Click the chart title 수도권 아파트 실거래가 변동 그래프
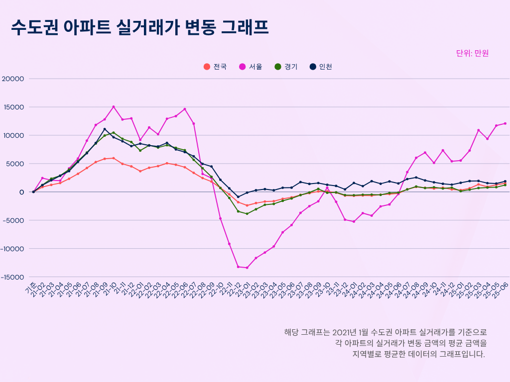point(140,28)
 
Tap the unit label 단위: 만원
point(472,53)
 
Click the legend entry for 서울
point(252,67)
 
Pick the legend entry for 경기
point(286,67)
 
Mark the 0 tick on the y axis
point(21,192)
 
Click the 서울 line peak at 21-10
point(114,106)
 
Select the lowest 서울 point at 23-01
point(247,268)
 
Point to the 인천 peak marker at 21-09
point(105,129)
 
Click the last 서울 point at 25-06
point(505,123)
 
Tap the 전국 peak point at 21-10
point(114,158)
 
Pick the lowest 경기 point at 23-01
point(247,214)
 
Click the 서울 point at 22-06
point(185,109)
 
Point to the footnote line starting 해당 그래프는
point(385,332)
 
